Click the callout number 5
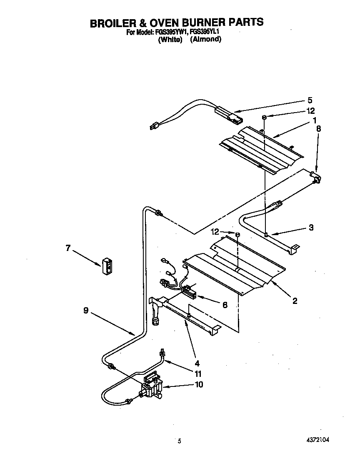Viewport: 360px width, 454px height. [x=310, y=100]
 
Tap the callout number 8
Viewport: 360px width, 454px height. [x=318, y=129]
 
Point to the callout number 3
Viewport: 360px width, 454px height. [x=311, y=228]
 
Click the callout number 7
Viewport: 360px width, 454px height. [x=68, y=248]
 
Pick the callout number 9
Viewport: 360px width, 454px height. [x=85, y=310]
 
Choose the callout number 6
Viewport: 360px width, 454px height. [x=225, y=305]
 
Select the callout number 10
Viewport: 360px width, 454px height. [x=199, y=384]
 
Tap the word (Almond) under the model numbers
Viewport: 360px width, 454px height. [x=205, y=40]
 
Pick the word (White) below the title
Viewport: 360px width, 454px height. [x=170, y=40]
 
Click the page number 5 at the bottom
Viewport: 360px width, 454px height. [x=180, y=441]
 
